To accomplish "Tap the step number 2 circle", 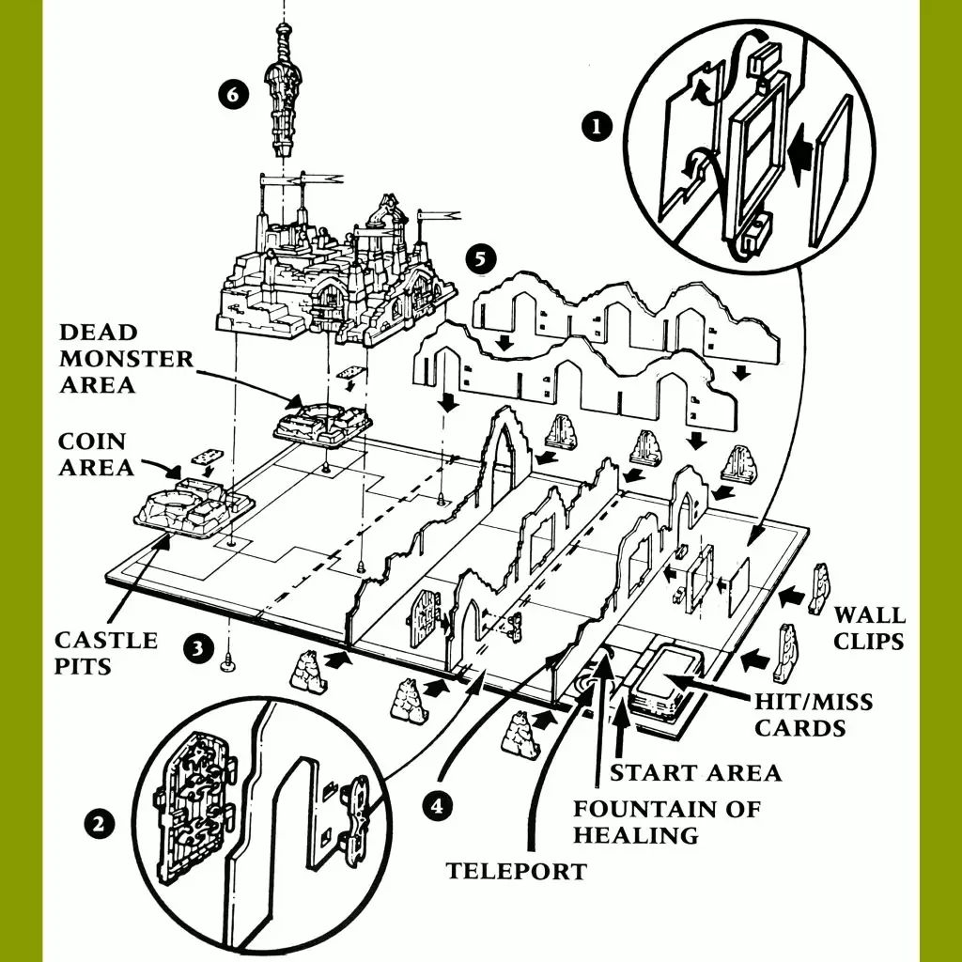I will click(99, 825).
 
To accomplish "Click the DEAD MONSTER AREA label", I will click(125, 358).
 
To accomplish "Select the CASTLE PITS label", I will click(105, 652).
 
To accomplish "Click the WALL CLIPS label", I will click(870, 628).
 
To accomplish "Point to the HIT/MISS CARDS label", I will click(814, 714).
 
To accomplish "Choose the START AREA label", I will click(695, 772).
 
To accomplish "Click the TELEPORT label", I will click(516, 871).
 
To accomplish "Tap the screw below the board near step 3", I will click(226, 664).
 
